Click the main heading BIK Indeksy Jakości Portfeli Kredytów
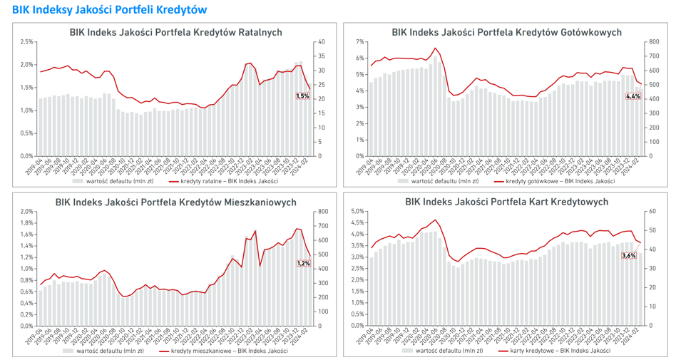tap(109, 9)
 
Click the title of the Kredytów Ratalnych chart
tap(175, 32)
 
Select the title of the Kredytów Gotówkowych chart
tap(506, 32)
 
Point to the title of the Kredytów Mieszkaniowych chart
tap(175, 202)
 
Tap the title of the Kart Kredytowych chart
tap(506, 202)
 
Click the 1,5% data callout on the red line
tap(302, 96)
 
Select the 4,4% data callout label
tap(633, 96)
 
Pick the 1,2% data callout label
tap(303, 263)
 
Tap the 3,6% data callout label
tap(629, 255)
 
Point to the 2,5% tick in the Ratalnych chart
tap(26, 42)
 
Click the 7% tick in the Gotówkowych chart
tap(359, 42)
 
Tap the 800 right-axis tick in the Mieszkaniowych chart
tap(322, 211)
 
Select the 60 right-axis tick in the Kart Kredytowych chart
tap(651, 211)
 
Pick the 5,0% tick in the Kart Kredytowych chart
tap(357, 211)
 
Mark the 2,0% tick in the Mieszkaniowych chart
tap(26, 211)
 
